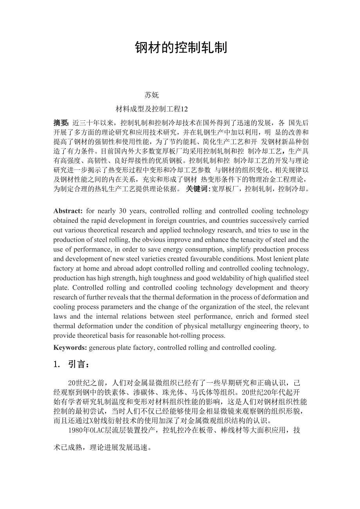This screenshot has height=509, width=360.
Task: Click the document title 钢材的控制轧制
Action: [x=181, y=48]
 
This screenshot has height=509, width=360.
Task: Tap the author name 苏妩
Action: [x=152, y=95]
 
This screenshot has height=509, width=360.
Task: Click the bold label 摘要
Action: [x=61, y=122]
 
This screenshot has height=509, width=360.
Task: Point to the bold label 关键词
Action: [x=198, y=189]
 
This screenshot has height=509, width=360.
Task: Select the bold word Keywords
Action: [x=70, y=348]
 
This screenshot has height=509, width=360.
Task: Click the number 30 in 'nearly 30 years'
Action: [x=122, y=211]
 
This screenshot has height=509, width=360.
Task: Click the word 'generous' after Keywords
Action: [x=102, y=348]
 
